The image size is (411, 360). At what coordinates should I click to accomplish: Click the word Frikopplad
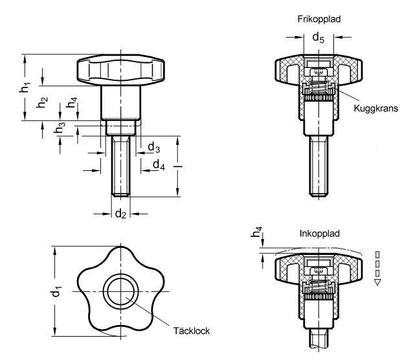[318, 19]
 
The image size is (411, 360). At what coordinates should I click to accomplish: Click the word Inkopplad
[320, 233]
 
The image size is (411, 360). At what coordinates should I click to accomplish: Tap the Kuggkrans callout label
[375, 108]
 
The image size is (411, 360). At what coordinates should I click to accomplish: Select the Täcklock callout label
[192, 331]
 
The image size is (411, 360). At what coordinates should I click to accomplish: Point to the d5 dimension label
[318, 38]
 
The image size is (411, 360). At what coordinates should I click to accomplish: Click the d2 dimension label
[120, 214]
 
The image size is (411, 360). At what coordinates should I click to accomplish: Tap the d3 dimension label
[154, 148]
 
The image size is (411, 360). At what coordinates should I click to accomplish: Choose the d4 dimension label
[159, 165]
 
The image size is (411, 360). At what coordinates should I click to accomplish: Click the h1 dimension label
[25, 87]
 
